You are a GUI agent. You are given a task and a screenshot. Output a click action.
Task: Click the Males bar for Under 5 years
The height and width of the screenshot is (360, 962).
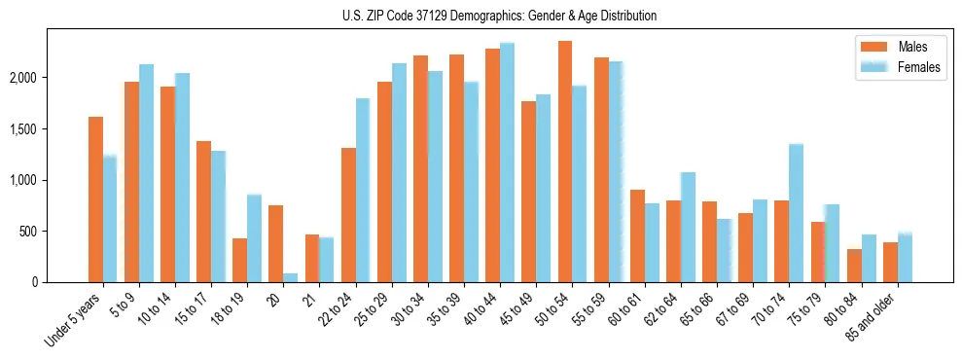click(95, 199)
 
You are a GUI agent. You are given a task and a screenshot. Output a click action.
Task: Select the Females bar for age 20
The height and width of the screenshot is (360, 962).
click(291, 278)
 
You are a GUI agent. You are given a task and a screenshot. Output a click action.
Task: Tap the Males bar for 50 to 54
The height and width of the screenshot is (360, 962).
click(565, 162)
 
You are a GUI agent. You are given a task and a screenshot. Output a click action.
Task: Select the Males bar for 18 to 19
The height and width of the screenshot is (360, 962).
click(239, 260)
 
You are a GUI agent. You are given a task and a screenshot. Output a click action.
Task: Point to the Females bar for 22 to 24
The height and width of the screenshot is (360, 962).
click(363, 191)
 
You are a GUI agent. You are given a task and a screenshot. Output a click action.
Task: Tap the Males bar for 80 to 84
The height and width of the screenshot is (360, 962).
click(854, 266)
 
